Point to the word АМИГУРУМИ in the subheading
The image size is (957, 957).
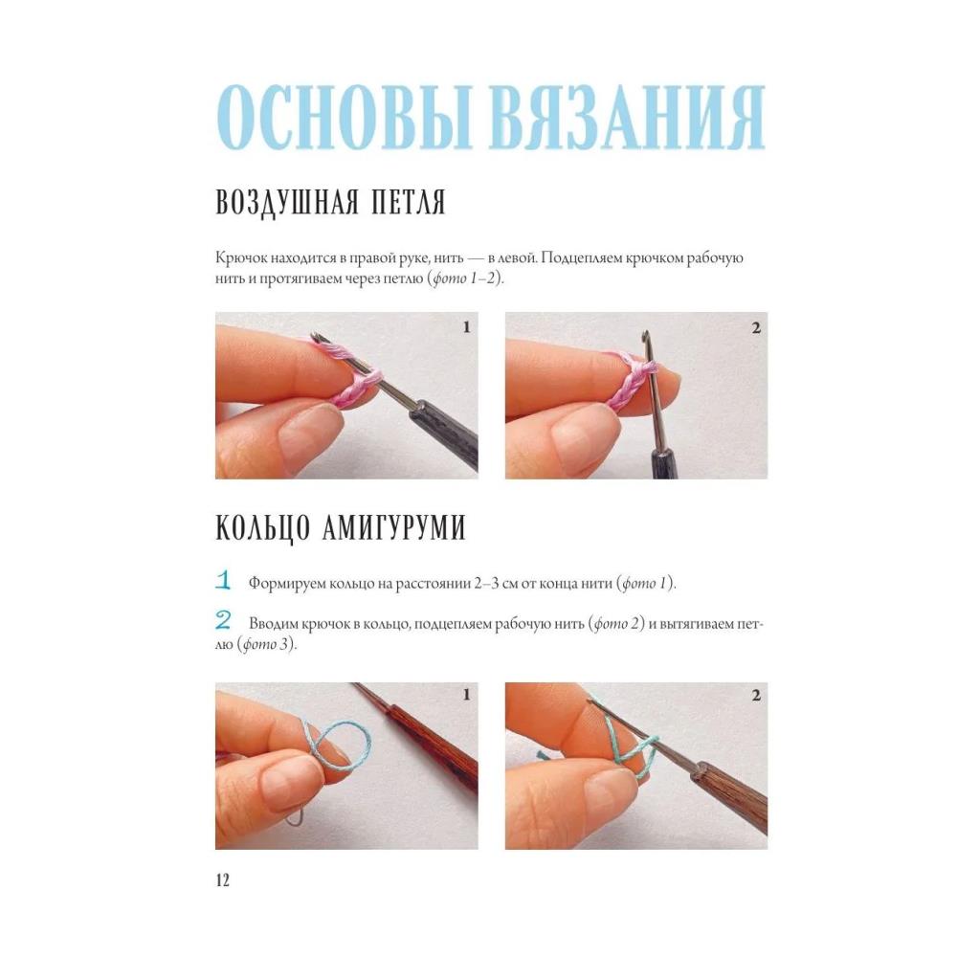tap(393, 527)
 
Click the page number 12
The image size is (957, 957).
tap(223, 879)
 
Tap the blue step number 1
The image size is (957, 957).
tap(223, 580)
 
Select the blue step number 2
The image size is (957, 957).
tap(223, 621)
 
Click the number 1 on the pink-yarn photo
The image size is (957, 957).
tap(466, 327)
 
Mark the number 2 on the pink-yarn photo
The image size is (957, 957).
tap(756, 328)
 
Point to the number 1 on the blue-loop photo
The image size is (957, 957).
tap(466, 695)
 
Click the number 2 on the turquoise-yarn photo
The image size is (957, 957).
tap(756, 695)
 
